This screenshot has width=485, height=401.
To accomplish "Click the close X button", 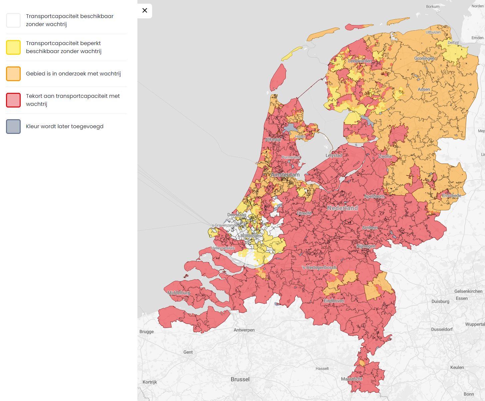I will click(x=145, y=11).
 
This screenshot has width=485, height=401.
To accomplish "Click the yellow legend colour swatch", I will click(x=13, y=47).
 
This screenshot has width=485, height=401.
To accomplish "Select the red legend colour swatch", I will click(x=13, y=100).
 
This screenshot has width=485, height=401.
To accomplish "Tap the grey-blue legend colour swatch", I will click(x=13, y=127).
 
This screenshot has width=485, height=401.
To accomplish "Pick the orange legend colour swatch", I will click(x=13, y=74).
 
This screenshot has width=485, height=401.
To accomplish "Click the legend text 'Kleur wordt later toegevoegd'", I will click(x=65, y=127).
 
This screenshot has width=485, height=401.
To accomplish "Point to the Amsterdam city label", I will click(x=285, y=175).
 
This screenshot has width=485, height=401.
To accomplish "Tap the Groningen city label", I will click(x=424, y=58).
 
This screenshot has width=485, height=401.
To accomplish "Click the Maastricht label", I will click(x=352, y=379).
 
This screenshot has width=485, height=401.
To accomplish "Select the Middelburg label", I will click(x=178, y=293).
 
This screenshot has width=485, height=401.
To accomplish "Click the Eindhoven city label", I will click(x=334, y=301).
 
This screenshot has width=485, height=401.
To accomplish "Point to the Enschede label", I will click(x=451, y=196).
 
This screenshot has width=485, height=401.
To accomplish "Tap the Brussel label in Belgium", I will click(x=240, y=379).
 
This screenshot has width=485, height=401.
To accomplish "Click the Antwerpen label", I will click(x=244, y=330).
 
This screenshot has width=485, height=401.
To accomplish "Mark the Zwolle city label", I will click(x=385, y=156).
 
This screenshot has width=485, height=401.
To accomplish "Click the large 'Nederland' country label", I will click(x=342, y=208).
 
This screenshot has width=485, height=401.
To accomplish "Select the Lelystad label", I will click(x=334, y=156).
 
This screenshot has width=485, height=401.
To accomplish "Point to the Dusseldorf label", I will click(x=442, y=329).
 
